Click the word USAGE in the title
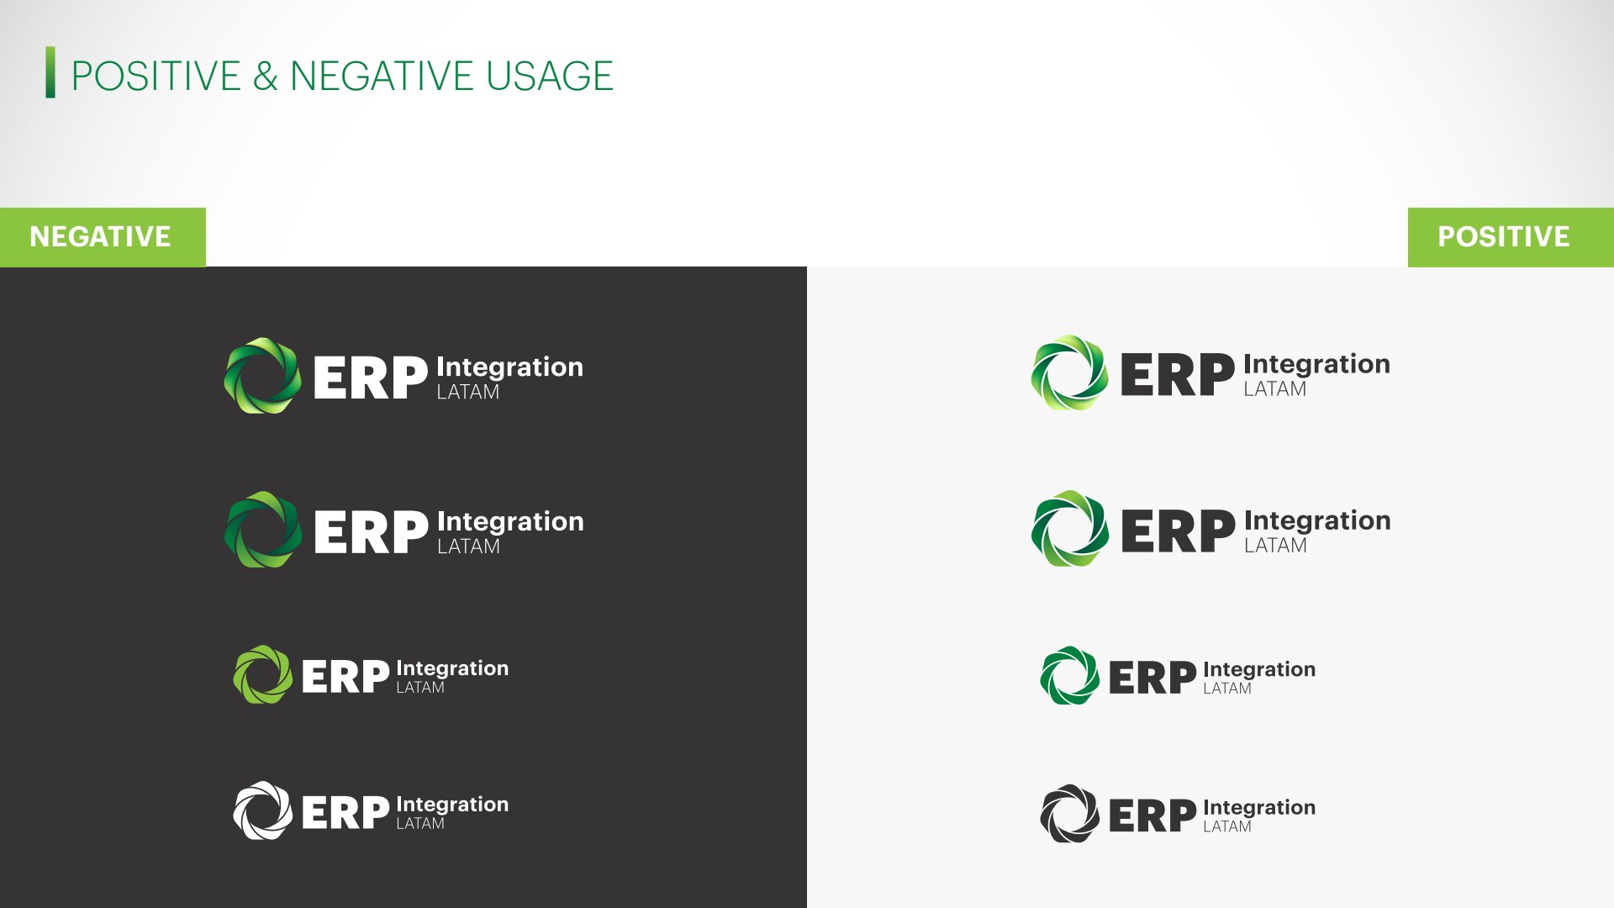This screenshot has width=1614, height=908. point(550,77)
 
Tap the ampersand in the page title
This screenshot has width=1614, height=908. point(265,77)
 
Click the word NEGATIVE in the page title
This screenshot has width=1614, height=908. point(382,77)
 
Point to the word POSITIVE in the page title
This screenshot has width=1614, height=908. point(156,77)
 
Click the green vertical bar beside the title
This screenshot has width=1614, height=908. point(50,72)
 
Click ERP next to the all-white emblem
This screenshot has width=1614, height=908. point(345,813)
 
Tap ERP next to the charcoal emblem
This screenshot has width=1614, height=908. point(1152,816)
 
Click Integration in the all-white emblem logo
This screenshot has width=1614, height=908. point(452,805)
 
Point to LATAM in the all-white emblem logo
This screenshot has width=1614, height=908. point(420,824)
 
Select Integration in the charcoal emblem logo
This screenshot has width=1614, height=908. point(1259,809)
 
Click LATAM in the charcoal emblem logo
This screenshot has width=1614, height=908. point(1227,827)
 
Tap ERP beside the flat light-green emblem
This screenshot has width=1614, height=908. point(345,677)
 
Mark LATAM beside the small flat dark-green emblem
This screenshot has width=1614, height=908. point(1227,689)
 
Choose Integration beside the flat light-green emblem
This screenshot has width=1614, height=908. point(452,669)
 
